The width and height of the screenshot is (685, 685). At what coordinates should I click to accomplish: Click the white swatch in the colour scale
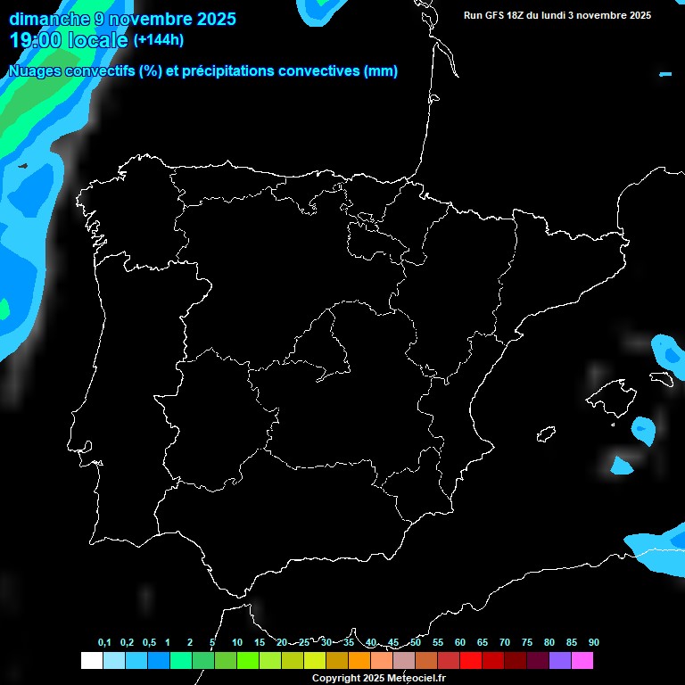pos(91,660)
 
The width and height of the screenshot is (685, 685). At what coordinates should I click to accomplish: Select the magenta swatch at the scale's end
pos(582,660)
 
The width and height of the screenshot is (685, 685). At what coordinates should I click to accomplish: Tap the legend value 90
pos(594,642)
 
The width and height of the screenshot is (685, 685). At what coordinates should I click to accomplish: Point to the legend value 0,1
pos(104,642)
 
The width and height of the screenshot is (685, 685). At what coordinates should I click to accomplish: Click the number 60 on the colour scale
pos(460,642)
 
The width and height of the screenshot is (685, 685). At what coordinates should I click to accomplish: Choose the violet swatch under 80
pos(560,660)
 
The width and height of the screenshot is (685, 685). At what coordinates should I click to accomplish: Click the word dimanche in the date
pos(47,19)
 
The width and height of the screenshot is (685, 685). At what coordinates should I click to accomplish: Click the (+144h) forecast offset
pos(159,40)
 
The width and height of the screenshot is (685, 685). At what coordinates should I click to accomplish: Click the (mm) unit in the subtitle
pos(381,71)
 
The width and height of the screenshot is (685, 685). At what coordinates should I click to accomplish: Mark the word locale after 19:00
pos(97,40)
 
